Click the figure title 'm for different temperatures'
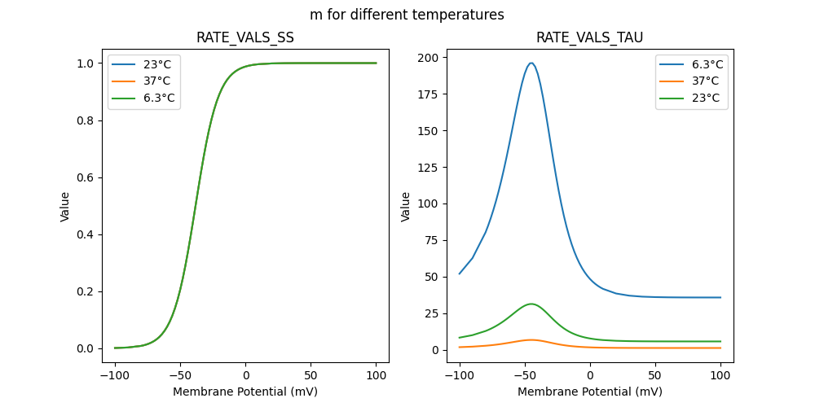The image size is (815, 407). pos(407,15)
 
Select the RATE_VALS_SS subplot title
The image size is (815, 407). pos(245,38)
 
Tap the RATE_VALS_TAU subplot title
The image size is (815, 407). pos(589,38)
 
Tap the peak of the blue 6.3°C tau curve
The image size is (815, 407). pos(531,63)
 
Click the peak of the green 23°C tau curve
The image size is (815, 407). pos(531,304)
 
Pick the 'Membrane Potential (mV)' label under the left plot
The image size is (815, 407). pos(245,392)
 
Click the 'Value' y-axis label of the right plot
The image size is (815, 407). pos(406,207)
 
